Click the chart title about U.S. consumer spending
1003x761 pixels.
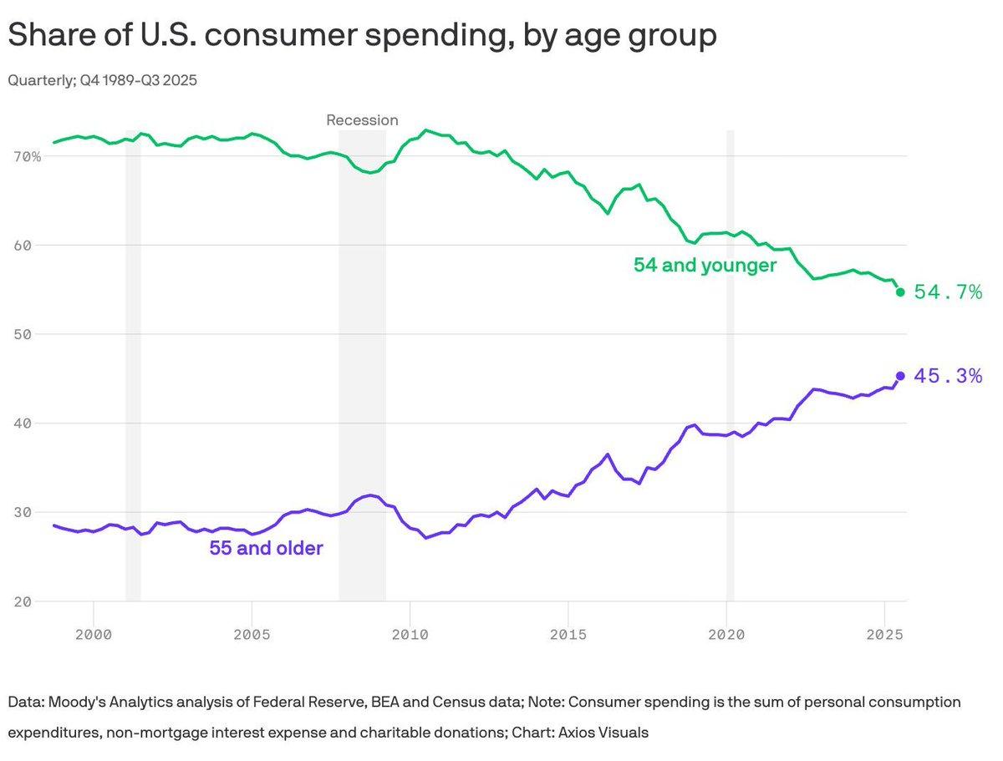(361, 36)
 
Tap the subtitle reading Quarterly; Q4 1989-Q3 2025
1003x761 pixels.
(102, 81)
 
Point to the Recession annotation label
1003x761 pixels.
(362, 120)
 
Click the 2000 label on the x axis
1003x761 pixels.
(94, 634)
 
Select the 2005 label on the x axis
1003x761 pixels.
(252, 634)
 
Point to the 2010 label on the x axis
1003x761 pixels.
(410, 634)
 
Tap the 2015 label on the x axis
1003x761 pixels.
(568, 634)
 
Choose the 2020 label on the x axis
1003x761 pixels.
(726, 634)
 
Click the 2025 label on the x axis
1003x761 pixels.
(884, 634)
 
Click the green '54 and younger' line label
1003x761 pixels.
(705, 266)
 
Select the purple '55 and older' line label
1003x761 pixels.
(266, 549)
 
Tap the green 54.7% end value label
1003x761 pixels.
(947, 292)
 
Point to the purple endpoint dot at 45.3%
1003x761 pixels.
(900, 376)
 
